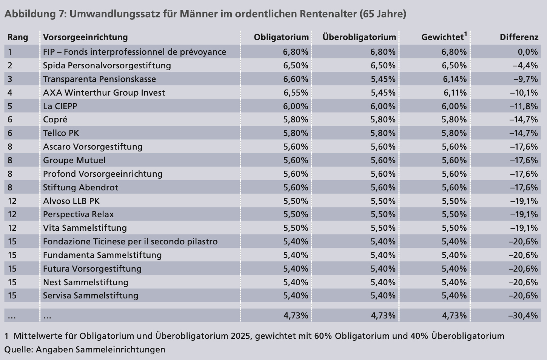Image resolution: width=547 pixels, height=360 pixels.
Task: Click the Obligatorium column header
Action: (x=281, y=37)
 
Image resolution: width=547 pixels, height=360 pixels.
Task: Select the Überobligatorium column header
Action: (x=359, y=37)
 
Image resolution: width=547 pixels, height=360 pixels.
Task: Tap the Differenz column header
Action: (x=519, y=37)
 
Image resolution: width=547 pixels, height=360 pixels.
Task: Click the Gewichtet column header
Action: (x=442, y=37)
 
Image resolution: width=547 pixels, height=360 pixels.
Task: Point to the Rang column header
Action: (x=18, y=37)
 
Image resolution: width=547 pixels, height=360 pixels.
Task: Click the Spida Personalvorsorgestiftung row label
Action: (x=107, y=65)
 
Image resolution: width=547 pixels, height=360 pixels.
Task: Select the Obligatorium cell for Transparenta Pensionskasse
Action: (x=296, y=79)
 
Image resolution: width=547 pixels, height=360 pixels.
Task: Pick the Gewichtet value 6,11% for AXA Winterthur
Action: (x=454, y=93)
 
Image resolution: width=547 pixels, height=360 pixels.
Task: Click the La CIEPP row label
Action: (x=60, y=106)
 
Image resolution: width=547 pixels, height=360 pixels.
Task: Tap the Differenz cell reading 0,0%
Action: (x=528, y=52)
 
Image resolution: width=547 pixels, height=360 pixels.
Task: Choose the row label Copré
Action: (x=55, y=120)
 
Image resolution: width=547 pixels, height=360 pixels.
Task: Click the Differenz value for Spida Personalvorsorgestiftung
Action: (x=525, y=65)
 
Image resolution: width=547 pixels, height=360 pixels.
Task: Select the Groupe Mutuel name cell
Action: (x=74, y=160)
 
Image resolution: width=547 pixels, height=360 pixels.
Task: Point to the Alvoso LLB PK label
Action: (x=71, y=201)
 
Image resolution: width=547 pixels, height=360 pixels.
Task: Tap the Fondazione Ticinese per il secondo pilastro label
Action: (x=130, y=241)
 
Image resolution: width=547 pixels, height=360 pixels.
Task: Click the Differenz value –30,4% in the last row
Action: (x=523, y=315)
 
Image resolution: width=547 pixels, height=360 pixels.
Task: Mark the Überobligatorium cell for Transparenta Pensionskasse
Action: (x=383, y=79)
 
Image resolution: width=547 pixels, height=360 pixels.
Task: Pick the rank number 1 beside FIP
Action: (x=10, y=52)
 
